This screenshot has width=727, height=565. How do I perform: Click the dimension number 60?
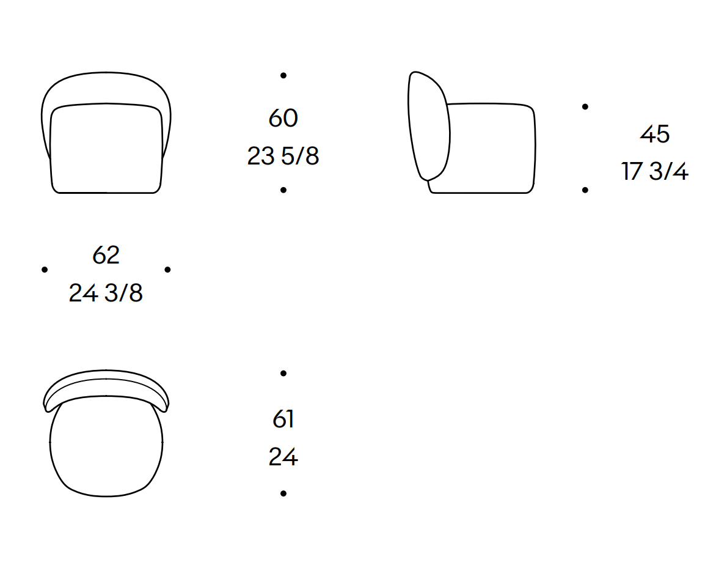(x=283, y=118)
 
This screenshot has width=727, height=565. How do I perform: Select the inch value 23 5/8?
(x=283, y=156)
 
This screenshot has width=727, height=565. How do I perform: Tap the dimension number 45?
(x=655, y=134)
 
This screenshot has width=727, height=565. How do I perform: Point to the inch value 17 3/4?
(x=655, y=171)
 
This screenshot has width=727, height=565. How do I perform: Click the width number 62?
(x=106, y=255)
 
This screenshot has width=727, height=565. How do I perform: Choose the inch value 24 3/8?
(x=106, y=293)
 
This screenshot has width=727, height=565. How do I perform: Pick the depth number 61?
(x=283, y=419)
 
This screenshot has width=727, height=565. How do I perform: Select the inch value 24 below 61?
(x=283, y=457)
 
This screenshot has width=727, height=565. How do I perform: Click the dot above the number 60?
(x=283, y=75)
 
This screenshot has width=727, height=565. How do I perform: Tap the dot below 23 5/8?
(x=283, y=190)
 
